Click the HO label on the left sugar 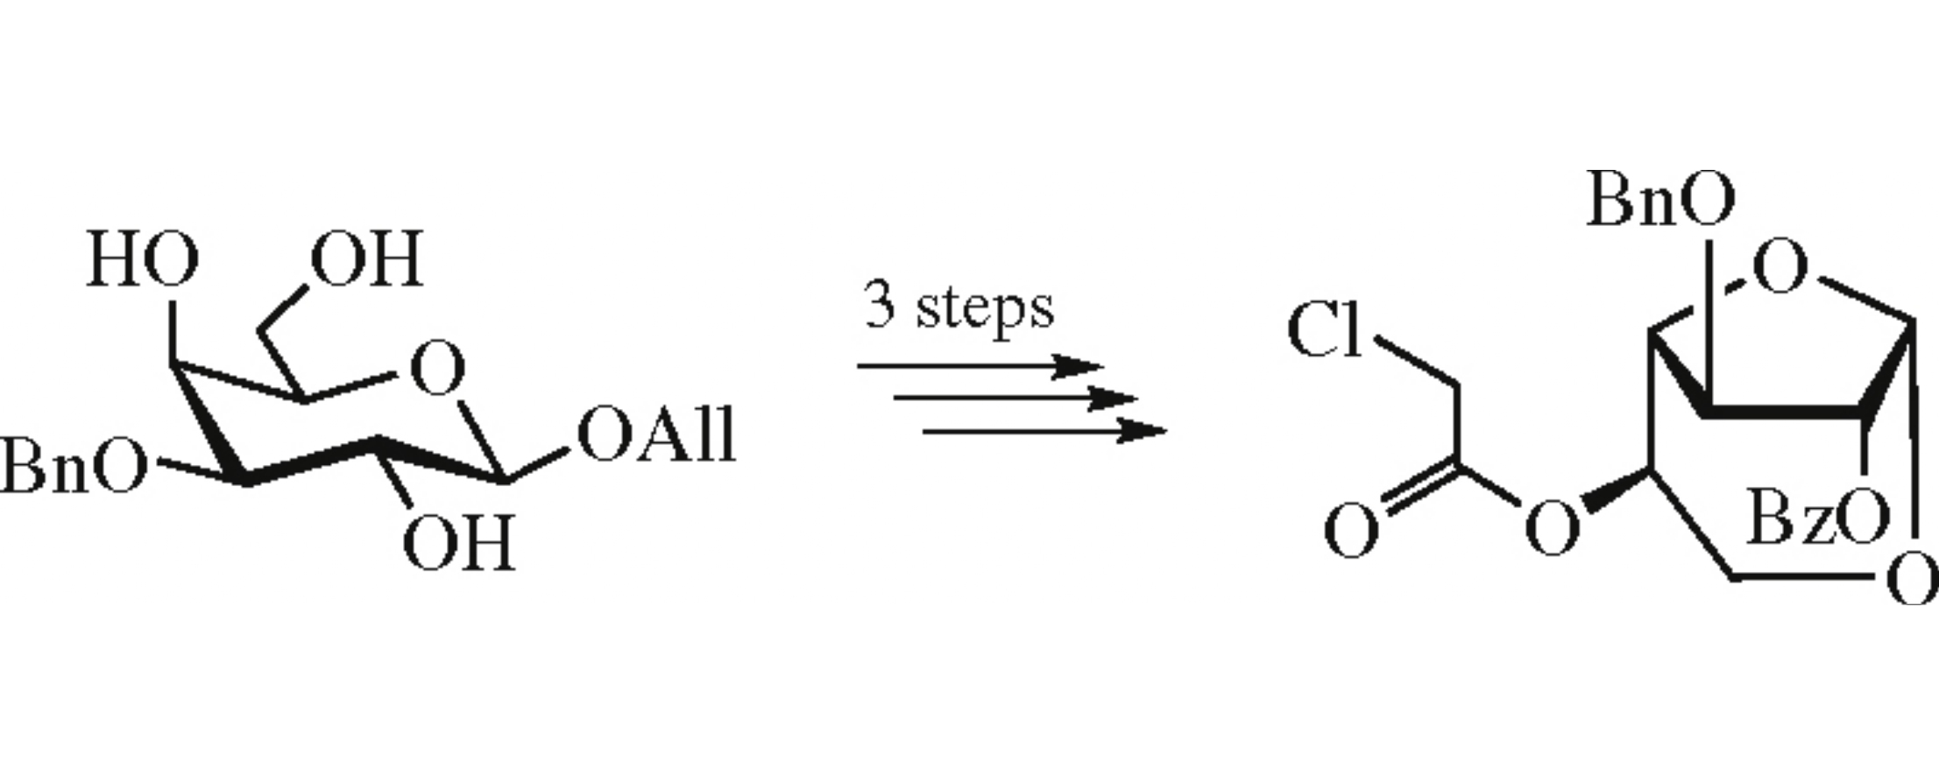(142, 261)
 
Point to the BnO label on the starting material (72, 466)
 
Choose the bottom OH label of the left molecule (457, 543)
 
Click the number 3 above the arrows (880, 305)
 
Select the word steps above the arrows (985, 308)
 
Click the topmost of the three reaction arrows (978, 366)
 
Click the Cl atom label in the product (1325, 331)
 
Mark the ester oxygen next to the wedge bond (1552, 528)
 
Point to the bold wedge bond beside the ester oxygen (1617, 490)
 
